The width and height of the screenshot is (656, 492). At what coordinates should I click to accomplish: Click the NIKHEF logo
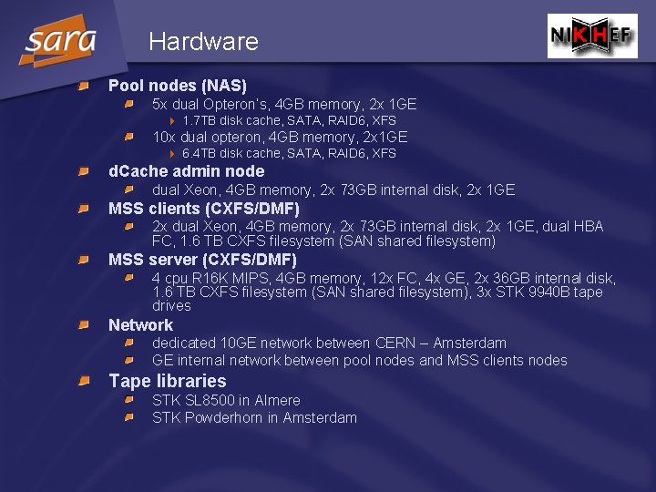click(592, 36)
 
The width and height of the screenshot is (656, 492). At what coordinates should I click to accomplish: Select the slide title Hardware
click(203, 42)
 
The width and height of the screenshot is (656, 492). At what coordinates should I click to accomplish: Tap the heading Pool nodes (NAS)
click(178, 86)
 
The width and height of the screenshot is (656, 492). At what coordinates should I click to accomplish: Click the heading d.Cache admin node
click(186, 171)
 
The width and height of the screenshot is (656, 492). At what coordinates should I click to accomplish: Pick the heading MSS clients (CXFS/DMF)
click(204, 209)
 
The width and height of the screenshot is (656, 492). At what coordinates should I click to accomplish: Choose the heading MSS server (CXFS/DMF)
click(202, 260)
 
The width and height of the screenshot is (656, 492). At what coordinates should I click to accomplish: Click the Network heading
click(140, 325)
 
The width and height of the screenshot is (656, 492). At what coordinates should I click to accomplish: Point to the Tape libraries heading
click(167, 381)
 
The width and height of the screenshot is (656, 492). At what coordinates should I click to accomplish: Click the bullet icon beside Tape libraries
click(82, 381)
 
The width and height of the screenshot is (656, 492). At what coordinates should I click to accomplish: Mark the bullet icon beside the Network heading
click(82, 325)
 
